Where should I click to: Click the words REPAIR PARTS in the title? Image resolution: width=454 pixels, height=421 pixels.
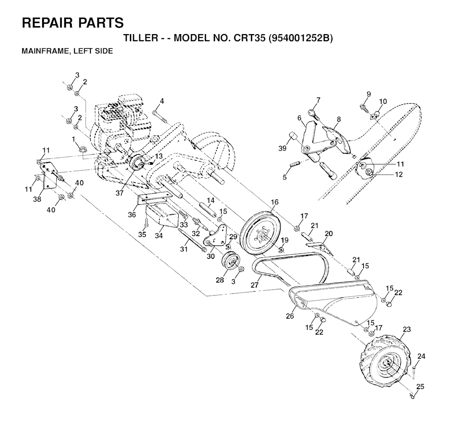[73, 23]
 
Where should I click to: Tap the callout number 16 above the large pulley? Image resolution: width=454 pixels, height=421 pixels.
[275, 202]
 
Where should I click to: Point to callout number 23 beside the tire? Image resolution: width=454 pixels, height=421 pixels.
[407, 330]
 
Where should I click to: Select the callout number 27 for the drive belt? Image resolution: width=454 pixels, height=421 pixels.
[254, 285]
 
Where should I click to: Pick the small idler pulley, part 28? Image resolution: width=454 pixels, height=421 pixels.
[231, 261]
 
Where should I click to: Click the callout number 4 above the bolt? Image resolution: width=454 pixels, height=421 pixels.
[162, 101]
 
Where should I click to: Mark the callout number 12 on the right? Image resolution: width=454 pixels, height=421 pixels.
[399, 175]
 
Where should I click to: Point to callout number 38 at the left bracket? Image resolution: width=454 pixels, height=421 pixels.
[37, 199]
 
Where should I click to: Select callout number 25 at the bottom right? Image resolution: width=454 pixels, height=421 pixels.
[420, 387]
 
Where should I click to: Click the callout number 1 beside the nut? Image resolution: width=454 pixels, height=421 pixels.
[74, 140]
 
